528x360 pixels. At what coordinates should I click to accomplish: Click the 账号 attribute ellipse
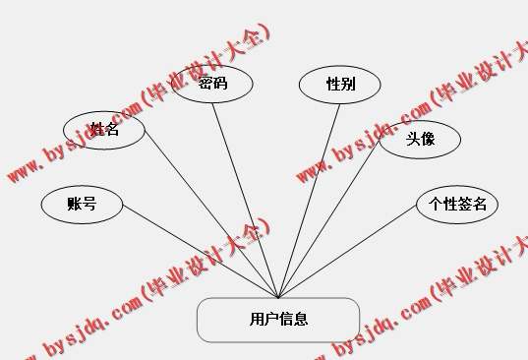[x=82, y=205]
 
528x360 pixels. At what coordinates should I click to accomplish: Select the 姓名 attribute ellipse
[x=103, y=129]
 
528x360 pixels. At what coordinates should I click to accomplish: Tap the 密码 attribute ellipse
[x=212, y=84]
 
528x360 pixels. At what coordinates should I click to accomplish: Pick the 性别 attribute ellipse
[x=340, y=85]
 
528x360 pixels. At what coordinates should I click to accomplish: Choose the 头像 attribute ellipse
[x=420, y=139]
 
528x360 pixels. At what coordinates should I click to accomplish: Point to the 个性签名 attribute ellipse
[x=457, y=205]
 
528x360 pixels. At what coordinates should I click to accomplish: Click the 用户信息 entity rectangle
[x=278, y=320]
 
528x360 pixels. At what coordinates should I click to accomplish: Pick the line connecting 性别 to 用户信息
[x=309, y=198]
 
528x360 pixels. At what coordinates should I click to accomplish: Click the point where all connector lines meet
[x=279, y=297]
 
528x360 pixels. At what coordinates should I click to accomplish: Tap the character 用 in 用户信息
[x=257, y=320]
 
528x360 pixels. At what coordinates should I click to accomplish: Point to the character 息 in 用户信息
[x=301, y=320]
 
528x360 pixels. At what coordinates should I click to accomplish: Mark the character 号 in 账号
[x=89, y=205]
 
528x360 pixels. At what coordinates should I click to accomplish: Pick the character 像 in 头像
[x=428, y=139]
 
